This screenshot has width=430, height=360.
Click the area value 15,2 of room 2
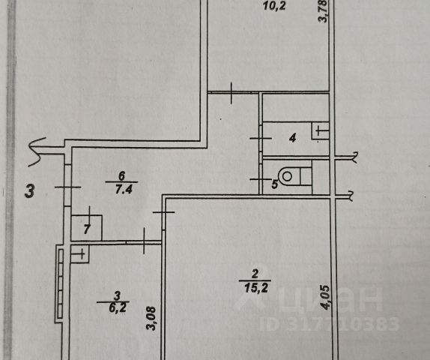tap(255, 288)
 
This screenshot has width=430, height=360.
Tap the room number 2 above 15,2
tap(255, 274)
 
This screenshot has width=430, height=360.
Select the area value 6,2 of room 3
tap(118, 307)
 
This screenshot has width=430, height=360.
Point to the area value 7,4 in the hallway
tap(124, 189)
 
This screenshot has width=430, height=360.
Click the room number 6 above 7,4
tap(121, 175)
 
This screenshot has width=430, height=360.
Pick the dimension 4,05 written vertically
tap(326, 298)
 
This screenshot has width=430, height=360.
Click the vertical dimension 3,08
tap(151, 318)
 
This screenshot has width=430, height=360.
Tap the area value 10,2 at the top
tap(274, 5)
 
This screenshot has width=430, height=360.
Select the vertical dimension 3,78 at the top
tap(322, 11)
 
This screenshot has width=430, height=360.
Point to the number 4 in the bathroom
tap(293, 137)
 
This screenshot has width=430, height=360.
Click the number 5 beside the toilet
tap(274, 184)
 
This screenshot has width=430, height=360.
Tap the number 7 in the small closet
tap(87, 229)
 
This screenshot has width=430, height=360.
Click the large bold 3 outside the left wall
tap(30, 190)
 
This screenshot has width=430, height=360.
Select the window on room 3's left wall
tap(61, 284)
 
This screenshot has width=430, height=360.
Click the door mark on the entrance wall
tap(67, 187)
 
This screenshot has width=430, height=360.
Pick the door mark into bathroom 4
tap(261, 138)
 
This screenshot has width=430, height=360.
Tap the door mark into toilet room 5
tap(261, 179)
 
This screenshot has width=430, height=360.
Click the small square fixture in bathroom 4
tap(320, 130)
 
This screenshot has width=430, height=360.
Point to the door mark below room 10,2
tap(231, 93)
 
